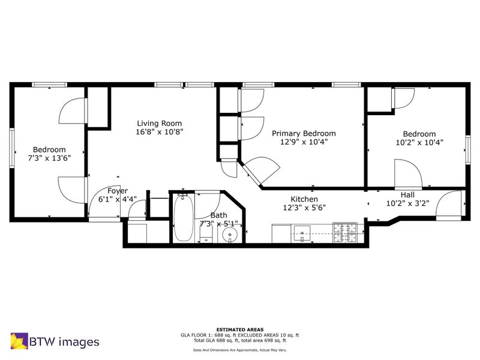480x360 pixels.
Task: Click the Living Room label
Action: tap(159, 124)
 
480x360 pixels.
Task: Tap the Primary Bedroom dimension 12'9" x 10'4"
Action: tap(304, 142)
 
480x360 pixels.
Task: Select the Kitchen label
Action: tap(304, 199)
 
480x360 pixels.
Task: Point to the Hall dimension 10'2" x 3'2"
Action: tap(407, 203)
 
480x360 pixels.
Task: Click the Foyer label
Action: tap(118, 191)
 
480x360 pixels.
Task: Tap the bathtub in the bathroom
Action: tap(184, 217)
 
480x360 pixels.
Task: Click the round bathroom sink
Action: tap(230, 236)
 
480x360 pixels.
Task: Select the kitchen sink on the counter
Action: tap(302, 233)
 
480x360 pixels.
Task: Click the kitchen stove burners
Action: tap(345, 233)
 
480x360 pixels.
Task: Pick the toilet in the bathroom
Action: tap(206, 236)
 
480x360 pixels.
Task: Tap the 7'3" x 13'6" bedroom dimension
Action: tap(50, 158)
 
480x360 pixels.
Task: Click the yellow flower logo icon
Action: tap(19, 341)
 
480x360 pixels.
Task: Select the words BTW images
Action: tap(64, 341)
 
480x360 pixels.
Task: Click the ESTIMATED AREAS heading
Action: tap(240, 329)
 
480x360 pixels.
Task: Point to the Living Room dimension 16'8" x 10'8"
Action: tap(160, 132)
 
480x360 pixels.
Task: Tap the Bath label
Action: tap(219, 215)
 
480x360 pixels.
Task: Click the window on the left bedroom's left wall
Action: tap(11, 148)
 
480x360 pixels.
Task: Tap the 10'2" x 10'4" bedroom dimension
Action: tap(419, 142)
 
